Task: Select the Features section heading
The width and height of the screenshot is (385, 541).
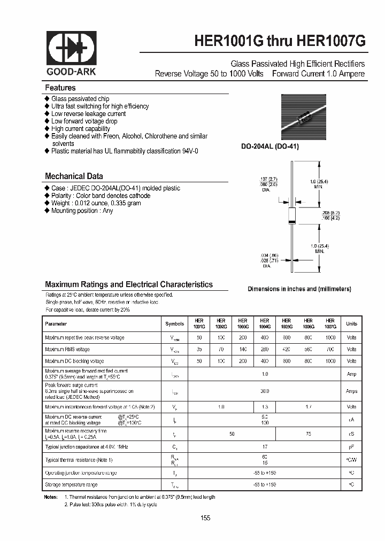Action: [60, 88]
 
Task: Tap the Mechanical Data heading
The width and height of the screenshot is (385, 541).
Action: [74, 176]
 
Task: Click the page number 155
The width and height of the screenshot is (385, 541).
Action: [206, 518]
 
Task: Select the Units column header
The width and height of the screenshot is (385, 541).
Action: [351, 323]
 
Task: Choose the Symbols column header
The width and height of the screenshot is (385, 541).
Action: [174, 323]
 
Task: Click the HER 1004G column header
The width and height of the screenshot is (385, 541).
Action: [264, 323]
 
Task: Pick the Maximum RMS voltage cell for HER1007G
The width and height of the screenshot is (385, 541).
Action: [330, 349]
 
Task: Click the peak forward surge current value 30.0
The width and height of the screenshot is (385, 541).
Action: [264, 391]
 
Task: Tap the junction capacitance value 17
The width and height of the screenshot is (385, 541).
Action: [264, 446]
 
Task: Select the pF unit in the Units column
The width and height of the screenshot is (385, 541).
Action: [351, 446]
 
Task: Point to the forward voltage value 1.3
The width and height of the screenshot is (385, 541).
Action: [264, 407]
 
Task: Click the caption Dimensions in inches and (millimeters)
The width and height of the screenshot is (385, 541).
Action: [299, 289]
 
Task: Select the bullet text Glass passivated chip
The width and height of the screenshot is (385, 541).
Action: [80, 99]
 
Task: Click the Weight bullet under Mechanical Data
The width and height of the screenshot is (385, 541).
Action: [96, 203]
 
